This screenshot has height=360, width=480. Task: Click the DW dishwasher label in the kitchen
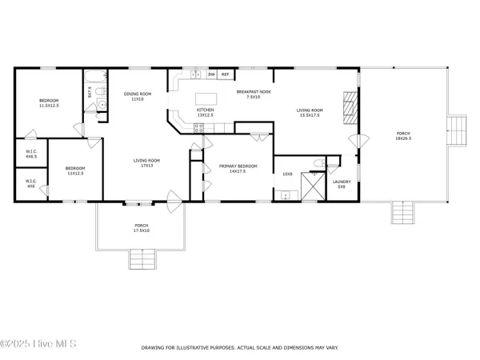point(211,74)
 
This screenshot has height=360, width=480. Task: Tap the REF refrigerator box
point(225,74)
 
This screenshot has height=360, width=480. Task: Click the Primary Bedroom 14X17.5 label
point(238,168)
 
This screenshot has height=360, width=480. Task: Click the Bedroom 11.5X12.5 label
point(49,102)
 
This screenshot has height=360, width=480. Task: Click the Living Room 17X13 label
point(146,162)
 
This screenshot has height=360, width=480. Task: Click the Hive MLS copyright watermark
point(38,345)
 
